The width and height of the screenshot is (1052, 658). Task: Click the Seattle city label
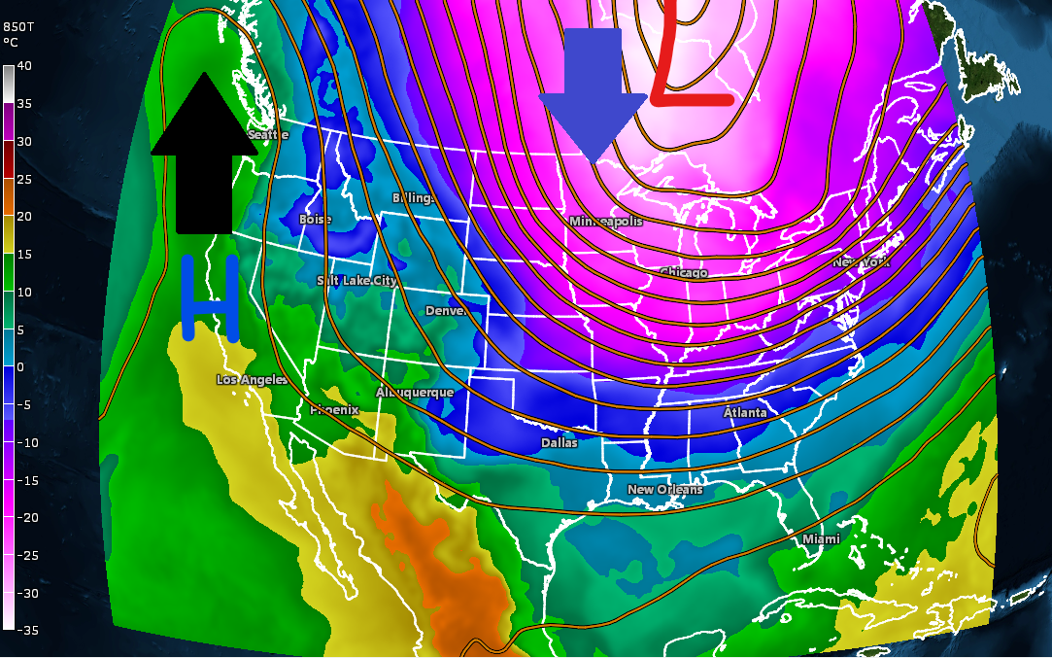(x=268, y=135)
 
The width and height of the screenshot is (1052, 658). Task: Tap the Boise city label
(x=316, y=220)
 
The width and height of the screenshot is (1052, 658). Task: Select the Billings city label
(x=412, y=198)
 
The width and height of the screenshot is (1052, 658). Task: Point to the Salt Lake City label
(x=356, y=281)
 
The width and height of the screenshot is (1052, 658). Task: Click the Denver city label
(x=447, y=311)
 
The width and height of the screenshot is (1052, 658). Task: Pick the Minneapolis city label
(x=605, y=222)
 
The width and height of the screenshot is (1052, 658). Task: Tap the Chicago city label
(x=684, y=273)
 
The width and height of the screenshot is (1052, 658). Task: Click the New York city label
(x=862, y=262)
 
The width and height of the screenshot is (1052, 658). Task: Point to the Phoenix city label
(x=334, y=410)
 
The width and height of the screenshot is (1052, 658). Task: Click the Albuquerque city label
(x=415, y=393)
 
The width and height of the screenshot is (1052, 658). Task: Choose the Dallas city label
(x=560, y=443)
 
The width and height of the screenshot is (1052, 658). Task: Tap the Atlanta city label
(x=745, y=413)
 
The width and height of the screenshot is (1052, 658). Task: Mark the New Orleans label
(x=664, y=490)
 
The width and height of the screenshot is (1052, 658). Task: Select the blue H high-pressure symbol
(x=210, y=297)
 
